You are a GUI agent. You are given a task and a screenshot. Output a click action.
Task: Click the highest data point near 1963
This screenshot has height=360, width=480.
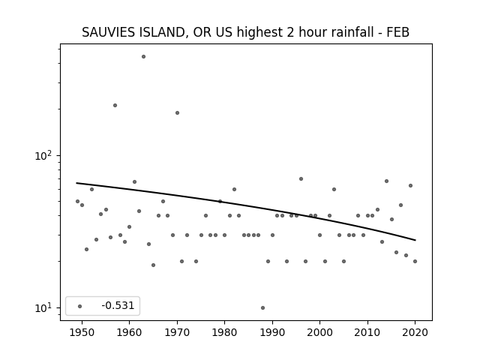point(143,57)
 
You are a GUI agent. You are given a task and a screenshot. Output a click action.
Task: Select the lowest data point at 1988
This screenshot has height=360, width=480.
point(263,308)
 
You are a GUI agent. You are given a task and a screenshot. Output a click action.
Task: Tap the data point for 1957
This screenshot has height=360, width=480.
point(115,105)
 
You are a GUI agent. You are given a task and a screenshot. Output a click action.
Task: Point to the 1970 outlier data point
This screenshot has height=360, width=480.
point(177,113)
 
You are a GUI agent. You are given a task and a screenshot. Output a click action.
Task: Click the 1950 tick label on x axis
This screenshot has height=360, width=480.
point(82,332)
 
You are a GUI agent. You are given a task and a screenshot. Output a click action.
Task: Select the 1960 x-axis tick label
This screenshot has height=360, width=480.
point(129,332)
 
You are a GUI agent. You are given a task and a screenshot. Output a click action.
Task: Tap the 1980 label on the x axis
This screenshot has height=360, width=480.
point(224,332)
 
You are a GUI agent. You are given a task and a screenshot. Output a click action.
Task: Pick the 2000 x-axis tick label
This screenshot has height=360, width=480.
point(320,332)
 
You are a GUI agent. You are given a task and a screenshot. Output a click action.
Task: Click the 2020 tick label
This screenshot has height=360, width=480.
point(415,332)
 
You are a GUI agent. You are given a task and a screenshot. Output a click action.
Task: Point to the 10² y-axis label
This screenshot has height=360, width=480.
point(43,155)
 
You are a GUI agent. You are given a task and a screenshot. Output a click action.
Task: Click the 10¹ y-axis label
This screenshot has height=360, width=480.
point(43,307)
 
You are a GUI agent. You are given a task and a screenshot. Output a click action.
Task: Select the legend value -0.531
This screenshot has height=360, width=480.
point(118,305)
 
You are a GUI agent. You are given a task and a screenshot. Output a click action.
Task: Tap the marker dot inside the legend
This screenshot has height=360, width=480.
point(80,306)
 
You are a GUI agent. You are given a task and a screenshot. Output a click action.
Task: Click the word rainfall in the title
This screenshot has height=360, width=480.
point(352,32)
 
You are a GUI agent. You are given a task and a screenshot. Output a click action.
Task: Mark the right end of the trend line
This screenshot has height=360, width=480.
point(415,240)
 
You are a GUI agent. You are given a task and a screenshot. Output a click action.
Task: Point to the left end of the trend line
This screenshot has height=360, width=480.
point(76,183)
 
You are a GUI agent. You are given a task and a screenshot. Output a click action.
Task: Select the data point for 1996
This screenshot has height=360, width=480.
point(301,178)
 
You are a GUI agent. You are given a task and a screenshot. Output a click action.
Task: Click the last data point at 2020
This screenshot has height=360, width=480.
point(415,262)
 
